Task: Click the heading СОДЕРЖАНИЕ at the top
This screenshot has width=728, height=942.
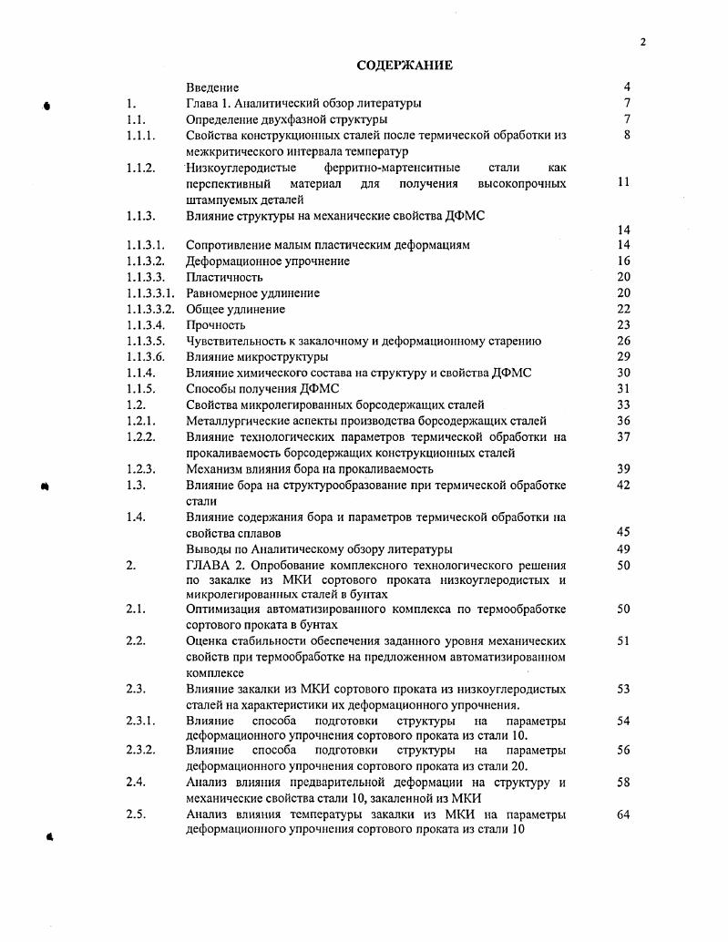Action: (404, 66)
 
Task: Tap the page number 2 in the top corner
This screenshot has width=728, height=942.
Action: (642, 42)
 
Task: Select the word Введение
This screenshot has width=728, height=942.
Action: (212, 87)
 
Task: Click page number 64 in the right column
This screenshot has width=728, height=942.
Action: (623, 814)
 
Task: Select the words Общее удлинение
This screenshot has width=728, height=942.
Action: (235, 310)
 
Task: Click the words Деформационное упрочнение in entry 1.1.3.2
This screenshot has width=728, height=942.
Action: (267, 261)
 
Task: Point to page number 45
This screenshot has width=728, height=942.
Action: (623, 532)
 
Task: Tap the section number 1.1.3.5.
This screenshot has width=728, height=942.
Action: (148, 342)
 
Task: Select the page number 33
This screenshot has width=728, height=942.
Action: (623, 404)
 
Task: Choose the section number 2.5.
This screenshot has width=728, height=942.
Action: (136, 814)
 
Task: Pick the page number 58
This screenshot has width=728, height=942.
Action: (623, 783)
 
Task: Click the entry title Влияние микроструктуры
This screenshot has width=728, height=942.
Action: (257, 357)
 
